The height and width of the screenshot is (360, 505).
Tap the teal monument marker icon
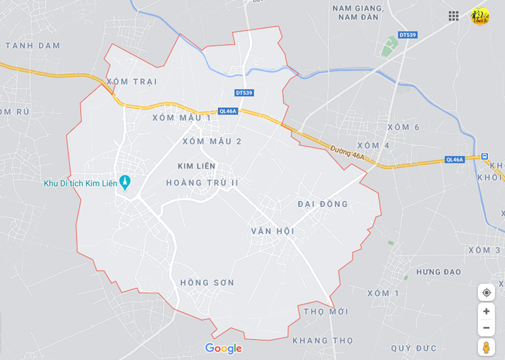coord(125,183)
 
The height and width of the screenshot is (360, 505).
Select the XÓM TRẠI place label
coord(132,82)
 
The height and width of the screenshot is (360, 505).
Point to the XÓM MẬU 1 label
coord(182,117)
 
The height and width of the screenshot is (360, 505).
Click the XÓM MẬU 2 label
coord(212,141)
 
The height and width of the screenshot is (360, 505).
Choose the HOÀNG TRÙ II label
coord(203,183)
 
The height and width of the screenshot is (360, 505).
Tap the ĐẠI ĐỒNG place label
coord(323,204)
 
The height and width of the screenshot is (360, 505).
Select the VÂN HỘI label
coord(272,231)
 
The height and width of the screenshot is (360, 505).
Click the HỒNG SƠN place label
coord(207,283)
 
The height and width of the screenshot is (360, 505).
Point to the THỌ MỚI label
coord(326,311)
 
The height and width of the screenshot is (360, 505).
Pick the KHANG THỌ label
coord(323,340)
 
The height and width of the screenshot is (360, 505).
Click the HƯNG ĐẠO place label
coord(439,272)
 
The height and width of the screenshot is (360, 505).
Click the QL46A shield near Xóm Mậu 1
coord(228,111)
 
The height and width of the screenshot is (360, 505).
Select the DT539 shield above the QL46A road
coord(244,93)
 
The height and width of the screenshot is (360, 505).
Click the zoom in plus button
coord(486,311)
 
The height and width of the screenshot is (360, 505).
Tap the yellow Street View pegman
coord(486,347)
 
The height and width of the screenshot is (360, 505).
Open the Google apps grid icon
coord(453,16)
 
